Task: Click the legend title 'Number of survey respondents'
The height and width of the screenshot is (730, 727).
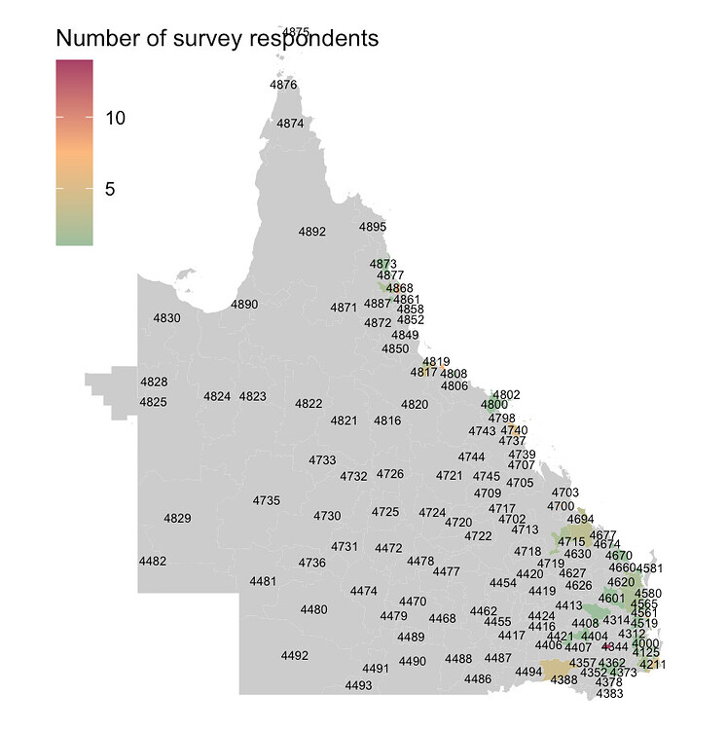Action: [x=216, y=39]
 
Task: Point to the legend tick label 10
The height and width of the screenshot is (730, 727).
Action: [x=116, y=118]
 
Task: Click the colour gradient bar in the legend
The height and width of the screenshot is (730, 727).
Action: [x=75, y=152]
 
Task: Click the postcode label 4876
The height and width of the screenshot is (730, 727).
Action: [x=283, y=85]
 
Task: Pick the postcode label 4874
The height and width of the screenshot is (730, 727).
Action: [x=290, y=124]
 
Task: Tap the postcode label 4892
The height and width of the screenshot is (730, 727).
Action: [x=311, y=232]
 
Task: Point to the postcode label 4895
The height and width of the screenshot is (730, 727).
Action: [x=373, y=227]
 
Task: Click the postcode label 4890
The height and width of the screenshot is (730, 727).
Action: [x=244, y=305]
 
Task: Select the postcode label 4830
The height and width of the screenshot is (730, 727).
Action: [x=166, y=317]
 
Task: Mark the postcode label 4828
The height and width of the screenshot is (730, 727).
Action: [x=154, y=382]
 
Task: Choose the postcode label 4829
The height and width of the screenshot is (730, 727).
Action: [x=177, y=518]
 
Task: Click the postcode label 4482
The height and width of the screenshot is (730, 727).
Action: [x=153, y=562]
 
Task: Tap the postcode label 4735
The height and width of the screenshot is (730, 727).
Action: [x=267, y=500]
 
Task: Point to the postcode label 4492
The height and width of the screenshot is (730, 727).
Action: [x=294, y=655]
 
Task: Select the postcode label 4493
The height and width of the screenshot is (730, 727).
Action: [x=358, y=685]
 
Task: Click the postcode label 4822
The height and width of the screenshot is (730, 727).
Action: [x=309, y=403]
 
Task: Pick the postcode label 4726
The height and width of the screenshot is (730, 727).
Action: [x=389, y=474]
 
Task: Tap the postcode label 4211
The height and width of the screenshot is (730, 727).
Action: [x=653, y=665]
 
